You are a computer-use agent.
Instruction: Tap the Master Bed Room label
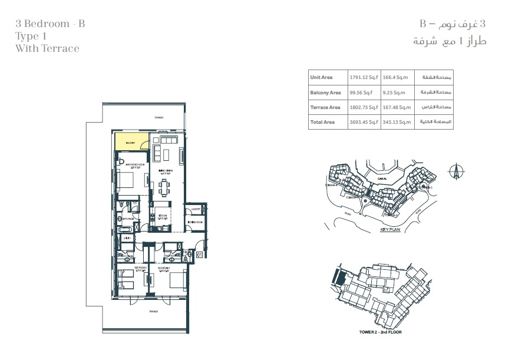coord(129,165)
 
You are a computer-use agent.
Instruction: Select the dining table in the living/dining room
coord(164,188)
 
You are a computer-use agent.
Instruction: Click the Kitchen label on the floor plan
coord(160,216)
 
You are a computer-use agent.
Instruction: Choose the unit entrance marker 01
coord(199,255)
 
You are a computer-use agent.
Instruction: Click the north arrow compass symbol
coord(454,170)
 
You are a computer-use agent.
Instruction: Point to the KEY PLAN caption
coord(391,230)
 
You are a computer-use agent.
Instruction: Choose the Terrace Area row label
coord(325,107)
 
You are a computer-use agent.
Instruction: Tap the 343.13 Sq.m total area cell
coord(395,122)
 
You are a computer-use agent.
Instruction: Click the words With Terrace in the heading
coord(47,48)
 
